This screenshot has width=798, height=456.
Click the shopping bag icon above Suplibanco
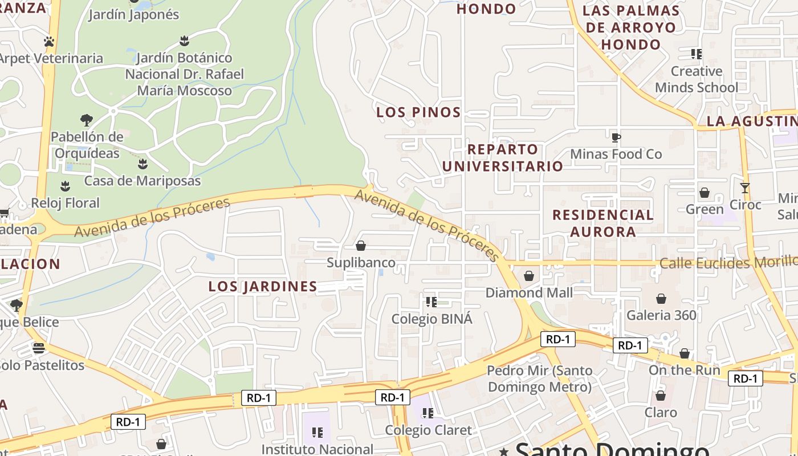[x=360, y=246]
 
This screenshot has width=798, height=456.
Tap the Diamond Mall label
[x=529, y=292]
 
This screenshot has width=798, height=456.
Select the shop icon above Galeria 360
[x=661, y=299]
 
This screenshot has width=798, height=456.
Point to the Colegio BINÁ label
[x=431, y=319]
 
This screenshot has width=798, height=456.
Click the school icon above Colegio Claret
[x=427, y=413]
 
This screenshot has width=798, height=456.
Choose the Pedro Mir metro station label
[x=539, y=378]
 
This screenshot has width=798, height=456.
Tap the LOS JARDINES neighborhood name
[x=262, y=286]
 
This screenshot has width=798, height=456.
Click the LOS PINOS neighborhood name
[x=418, y=112]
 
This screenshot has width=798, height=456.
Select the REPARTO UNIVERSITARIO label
[x=502, y=158]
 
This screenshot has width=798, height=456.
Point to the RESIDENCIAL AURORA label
[x=602, y=223]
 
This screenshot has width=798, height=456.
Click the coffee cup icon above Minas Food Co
[x=616, y=137]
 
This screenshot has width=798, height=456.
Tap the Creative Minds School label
[x=696, y=79]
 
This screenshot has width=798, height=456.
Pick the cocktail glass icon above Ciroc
[x=744, y=188]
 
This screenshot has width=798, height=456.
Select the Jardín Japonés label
[x=133, y=15]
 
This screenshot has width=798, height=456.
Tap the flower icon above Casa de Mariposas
[x=142, y=164]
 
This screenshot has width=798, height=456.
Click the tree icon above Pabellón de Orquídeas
[x=87, y=120]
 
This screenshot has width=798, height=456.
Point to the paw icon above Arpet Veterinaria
[x=49, y=42]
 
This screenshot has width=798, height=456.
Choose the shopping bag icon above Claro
[x=661, y=395]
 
